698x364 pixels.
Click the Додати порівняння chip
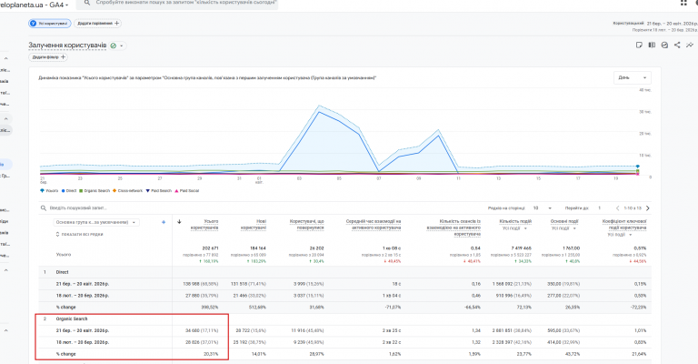[x=98, y=23]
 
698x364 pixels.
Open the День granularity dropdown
[x=632, y=77]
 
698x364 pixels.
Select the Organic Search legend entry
[x=95, y=190]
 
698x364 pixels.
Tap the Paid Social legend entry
[x=190, y=190]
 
